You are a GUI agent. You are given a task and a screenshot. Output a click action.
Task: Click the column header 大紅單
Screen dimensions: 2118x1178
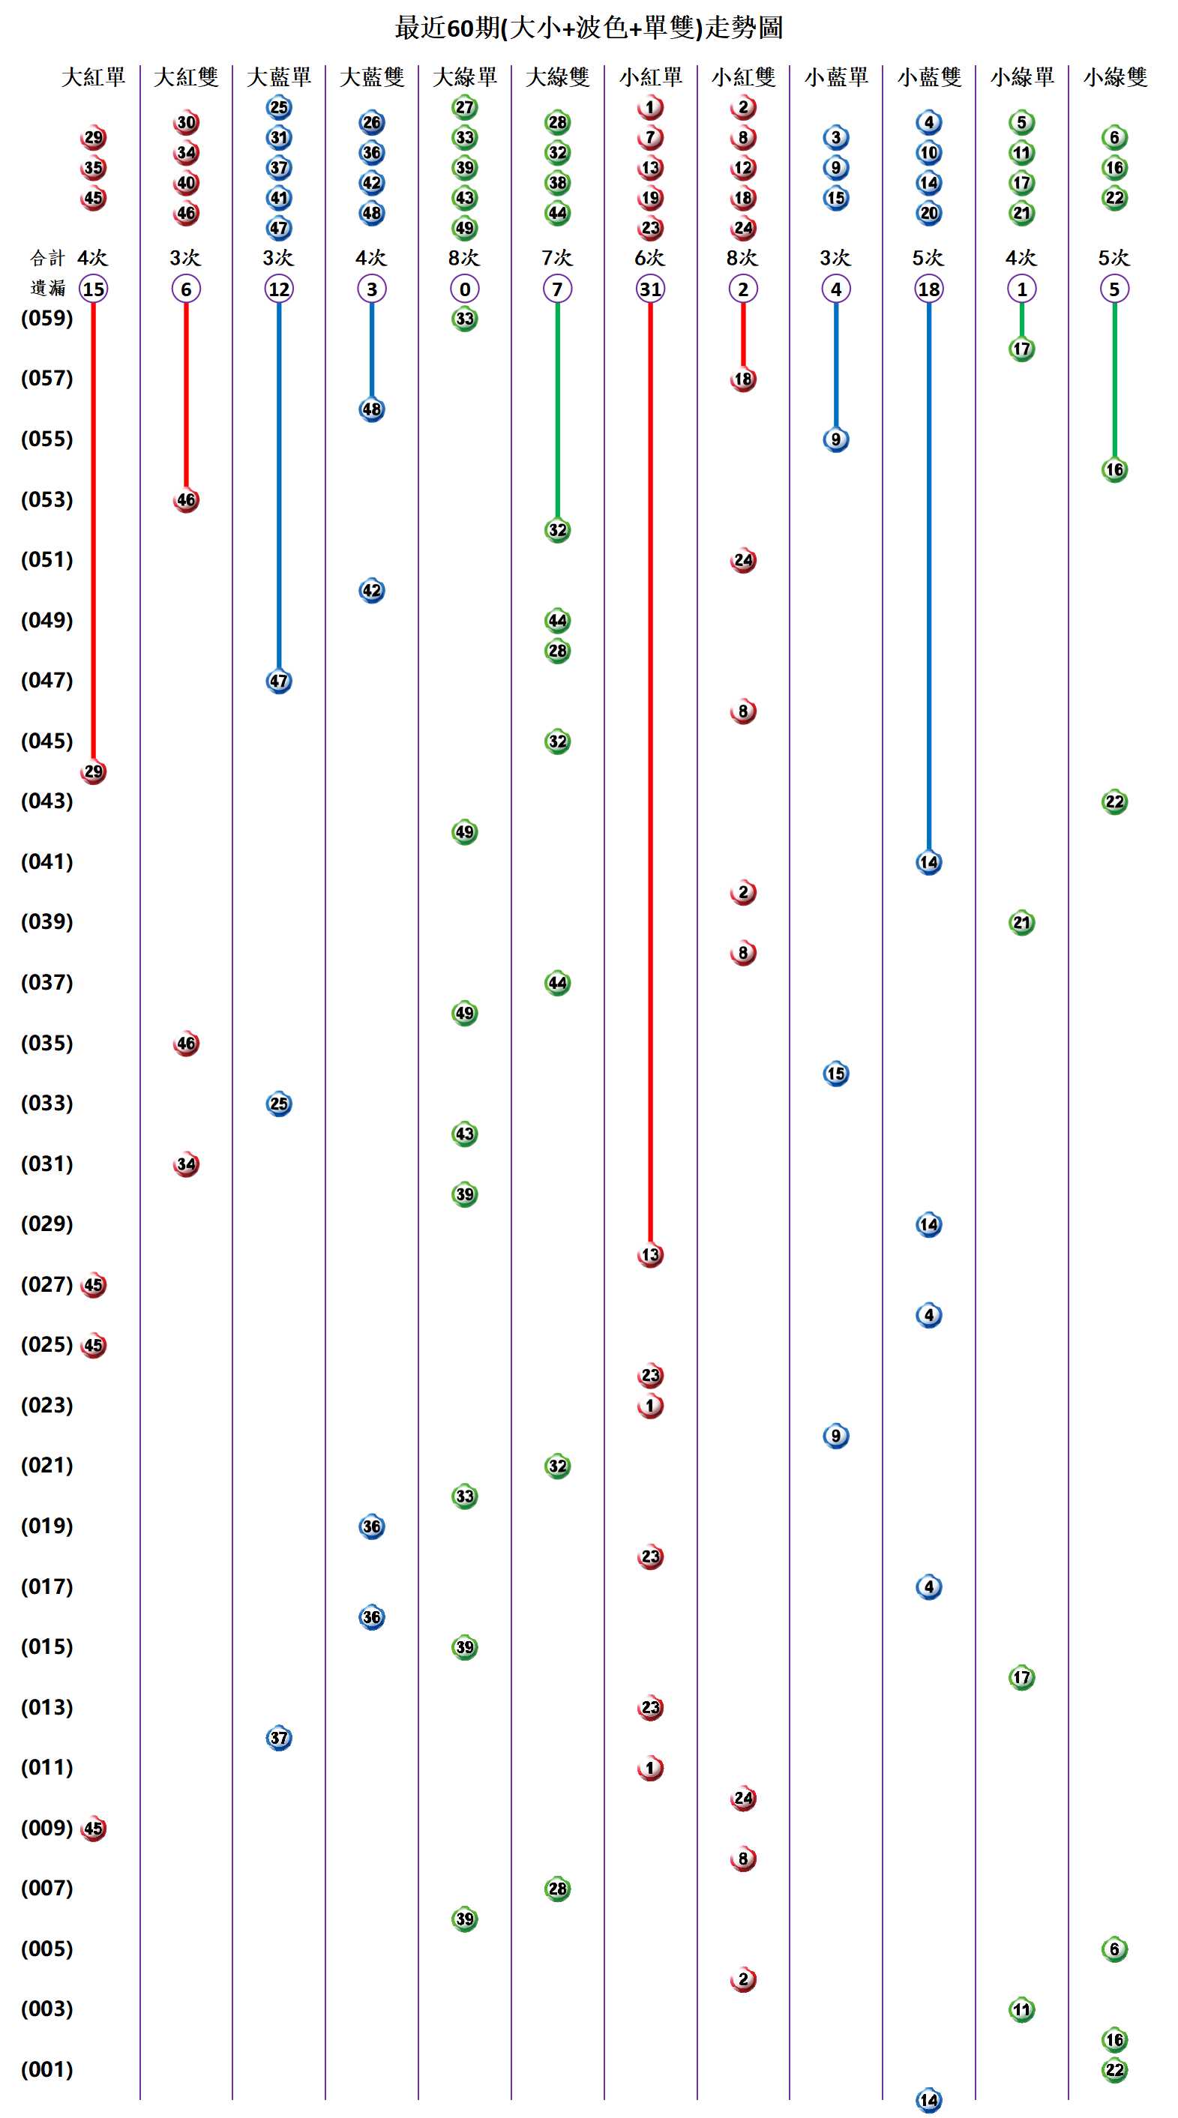[93, 77]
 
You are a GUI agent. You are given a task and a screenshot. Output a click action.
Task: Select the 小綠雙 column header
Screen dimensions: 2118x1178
[1115, 77]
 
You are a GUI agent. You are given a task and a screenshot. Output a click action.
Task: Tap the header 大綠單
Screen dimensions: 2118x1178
[464, 77]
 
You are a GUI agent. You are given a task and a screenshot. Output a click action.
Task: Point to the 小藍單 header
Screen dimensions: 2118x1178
[836, 77]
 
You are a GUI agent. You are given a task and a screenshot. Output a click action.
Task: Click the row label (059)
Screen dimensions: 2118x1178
[46, 318]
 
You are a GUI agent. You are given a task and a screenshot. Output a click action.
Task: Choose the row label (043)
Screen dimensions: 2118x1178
[46, 801]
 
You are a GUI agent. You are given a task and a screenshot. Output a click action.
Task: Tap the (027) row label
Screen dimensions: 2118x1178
[46, 1284]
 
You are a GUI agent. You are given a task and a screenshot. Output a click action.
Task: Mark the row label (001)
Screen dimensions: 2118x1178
[46, 2069]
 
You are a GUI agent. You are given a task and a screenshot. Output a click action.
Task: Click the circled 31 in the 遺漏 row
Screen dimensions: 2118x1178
[650, 289]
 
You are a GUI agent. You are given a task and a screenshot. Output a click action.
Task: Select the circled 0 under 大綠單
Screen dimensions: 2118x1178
[464, 289]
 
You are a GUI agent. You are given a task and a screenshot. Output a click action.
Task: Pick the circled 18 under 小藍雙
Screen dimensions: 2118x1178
[929, 289]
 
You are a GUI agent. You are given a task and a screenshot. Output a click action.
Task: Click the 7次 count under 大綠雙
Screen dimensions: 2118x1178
[557, 258]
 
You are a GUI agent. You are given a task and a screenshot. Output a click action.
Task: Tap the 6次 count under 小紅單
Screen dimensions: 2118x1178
[650, 258]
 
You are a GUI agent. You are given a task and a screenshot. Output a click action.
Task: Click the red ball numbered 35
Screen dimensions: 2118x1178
[93, 168]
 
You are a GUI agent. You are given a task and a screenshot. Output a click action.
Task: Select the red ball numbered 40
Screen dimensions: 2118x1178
[187, 182]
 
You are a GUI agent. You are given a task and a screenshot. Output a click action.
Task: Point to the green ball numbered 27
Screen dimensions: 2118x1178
[464, 107]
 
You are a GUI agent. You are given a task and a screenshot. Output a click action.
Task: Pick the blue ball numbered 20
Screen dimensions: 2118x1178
[929, 213]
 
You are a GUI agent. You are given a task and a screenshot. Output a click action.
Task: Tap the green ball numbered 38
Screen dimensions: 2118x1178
[557, 182]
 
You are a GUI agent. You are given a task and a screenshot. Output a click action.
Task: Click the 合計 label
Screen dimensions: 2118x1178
[46, 258]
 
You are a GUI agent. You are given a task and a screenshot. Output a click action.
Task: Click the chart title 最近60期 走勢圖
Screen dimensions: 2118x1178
[589, 28]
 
